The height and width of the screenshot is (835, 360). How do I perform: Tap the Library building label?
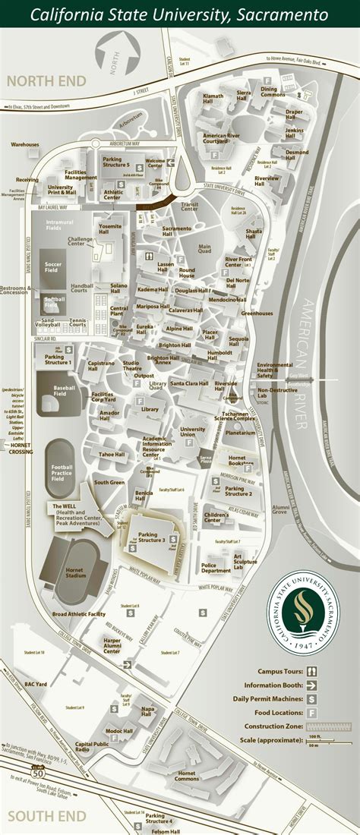[150, 410]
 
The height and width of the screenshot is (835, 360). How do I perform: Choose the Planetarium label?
[239, 433]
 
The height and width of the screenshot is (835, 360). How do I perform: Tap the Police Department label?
[216, 567]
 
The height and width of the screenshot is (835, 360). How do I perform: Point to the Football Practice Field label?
[62, 473]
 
